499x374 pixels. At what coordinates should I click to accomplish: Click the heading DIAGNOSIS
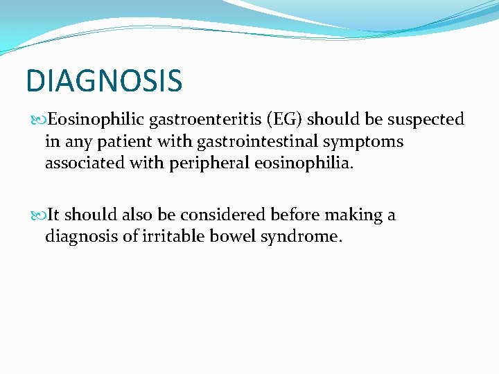coord(104,80)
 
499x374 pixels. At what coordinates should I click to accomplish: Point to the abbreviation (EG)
coord(281,120)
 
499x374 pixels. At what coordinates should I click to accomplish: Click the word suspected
coord(424,120)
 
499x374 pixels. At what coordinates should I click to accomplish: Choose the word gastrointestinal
coord(245,141)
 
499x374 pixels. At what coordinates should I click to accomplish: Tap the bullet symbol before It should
coord(38,216)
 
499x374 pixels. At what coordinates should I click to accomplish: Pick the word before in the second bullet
coord(295,215)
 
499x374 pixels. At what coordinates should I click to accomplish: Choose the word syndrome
coord(300,237)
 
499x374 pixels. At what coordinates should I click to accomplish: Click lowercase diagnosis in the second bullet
coord(78,237)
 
